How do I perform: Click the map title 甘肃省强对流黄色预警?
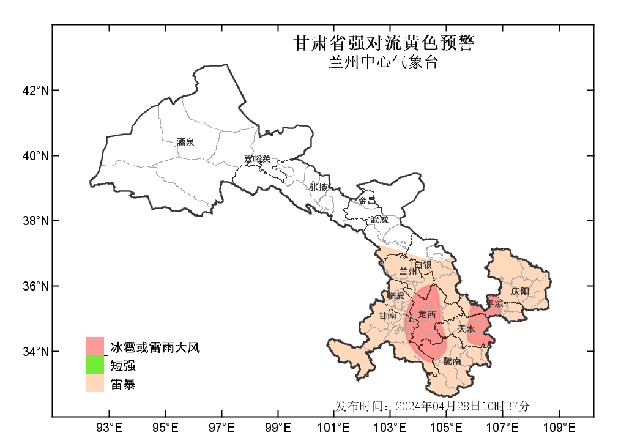click(384, 43)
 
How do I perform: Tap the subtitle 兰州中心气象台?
click(384, 62)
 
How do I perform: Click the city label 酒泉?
click(185, 142)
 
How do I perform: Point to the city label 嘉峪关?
click(256, 160)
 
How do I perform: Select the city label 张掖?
click(319, 187)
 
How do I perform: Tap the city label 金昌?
click(367, 201)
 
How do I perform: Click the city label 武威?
click(379, 219)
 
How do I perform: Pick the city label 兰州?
click(407, 271)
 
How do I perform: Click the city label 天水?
click(466, 329)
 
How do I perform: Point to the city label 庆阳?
click(520, 291)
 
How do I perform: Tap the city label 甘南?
click(387, 316)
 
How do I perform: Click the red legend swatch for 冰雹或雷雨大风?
click(95, 346)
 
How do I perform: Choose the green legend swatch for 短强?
click(95, 365)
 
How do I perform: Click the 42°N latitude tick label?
click(35, 91)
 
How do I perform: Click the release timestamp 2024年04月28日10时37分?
click(463, 406)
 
